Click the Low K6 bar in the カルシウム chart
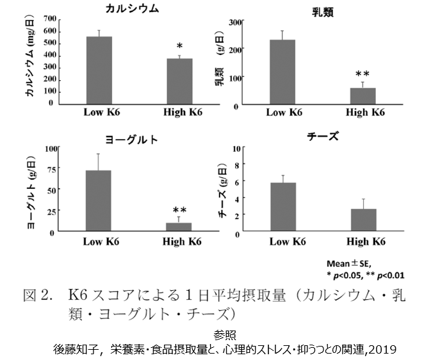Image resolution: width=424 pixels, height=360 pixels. coord(99,70)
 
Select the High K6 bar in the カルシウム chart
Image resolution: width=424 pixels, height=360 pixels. coord(179,81)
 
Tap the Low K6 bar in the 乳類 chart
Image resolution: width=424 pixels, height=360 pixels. coord(282,72)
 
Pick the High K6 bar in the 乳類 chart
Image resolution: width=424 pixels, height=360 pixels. coord(363,96)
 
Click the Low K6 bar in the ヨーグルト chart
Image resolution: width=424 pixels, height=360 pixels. coord(99,200)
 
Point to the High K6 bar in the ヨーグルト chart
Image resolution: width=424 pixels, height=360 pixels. coord(179,227)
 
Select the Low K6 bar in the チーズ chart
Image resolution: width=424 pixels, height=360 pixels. coord(283,207)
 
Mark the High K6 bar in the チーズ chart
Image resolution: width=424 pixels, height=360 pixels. coord(364,220)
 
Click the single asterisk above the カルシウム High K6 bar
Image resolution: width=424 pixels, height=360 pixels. coord(179,46)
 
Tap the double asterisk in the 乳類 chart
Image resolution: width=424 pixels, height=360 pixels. coord(363,74)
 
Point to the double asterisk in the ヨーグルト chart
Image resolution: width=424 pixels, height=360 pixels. coord(179,210)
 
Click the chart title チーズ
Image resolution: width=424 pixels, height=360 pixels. coord(323,136)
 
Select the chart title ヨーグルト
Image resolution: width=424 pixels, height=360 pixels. coord(131,140)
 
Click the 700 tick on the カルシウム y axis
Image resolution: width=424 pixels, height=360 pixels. coord(50,19)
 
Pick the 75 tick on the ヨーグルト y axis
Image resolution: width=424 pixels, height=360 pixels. coord(52,170)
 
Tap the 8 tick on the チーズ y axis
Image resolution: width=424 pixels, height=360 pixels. coord(237,165)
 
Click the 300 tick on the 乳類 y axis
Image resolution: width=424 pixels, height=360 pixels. coord(236,22)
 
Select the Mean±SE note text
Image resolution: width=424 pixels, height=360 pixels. coord(349,263)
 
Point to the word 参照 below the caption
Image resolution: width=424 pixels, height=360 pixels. coord(225,335)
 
